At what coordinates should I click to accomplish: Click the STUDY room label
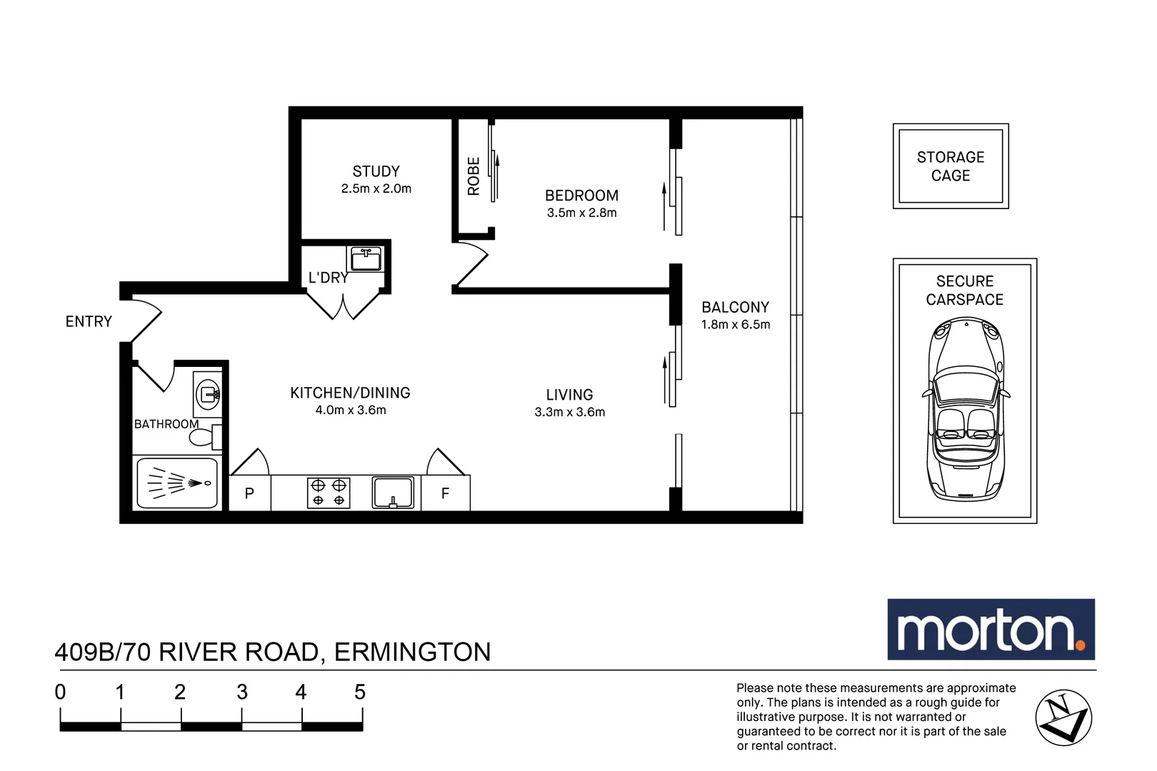pos(376,171)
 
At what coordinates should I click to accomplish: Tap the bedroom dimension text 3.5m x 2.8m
pos(581,213)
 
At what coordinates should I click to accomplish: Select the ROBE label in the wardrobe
pos(474,176)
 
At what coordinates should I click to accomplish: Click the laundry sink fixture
pos(366,258)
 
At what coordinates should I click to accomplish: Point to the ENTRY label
pos(89,322)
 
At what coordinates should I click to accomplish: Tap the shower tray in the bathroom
pos(176,483)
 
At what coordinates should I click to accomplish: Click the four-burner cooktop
pos(329,493)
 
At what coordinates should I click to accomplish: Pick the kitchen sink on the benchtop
pos(393,492)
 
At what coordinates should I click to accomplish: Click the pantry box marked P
pos(249,493)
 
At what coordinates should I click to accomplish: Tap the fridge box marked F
pos(445,493)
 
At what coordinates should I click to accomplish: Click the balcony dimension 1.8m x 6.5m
pos(735,325)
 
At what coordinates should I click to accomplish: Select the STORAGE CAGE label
pos(950,166)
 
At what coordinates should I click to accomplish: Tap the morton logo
pos(990,630)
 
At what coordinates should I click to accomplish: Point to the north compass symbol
pos(1063,717)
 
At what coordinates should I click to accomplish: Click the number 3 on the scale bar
pos(242,692)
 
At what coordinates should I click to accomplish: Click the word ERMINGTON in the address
pos(412,652)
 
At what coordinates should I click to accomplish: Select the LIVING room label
pos(569,395)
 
